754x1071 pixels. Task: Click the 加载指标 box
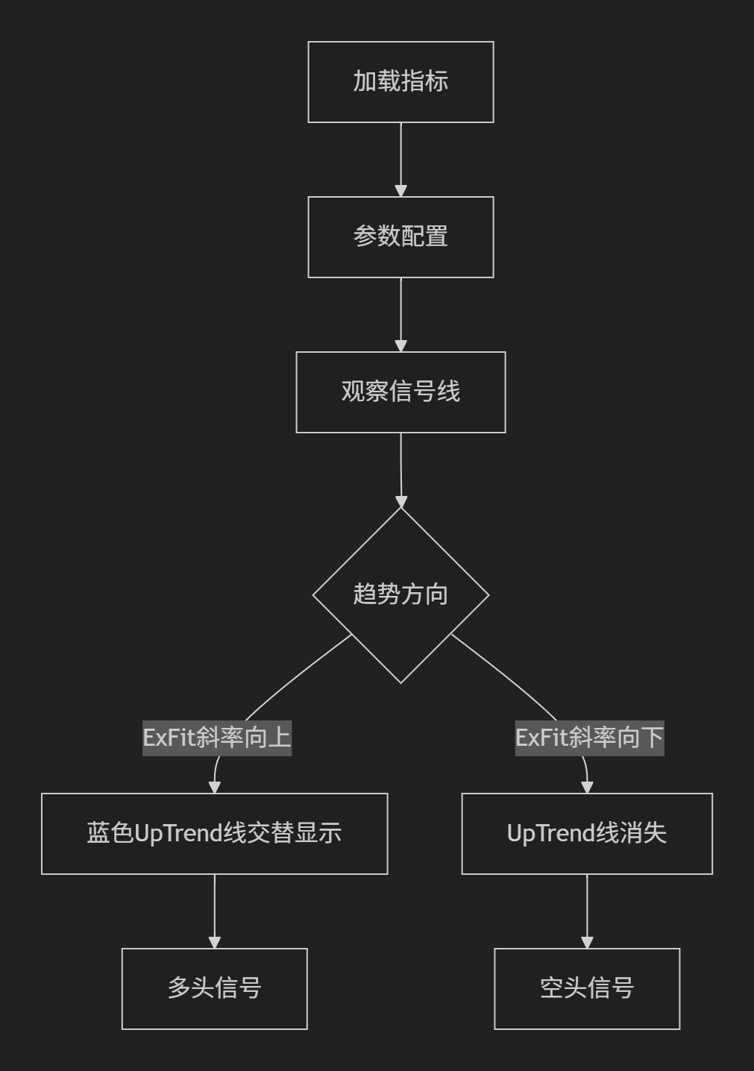click(x=400, y=82)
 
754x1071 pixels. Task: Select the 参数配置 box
click(x=400, y=236)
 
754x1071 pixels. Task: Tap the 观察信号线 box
click(x=400, y=392)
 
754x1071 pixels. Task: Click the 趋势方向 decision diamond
click(x=400, y=595)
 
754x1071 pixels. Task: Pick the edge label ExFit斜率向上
click(x=217, y=738)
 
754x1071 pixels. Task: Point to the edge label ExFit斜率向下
click(x=589, y=738)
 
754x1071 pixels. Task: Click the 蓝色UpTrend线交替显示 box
click(x=215, y=833)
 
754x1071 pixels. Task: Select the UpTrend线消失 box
click(x=587, y=833)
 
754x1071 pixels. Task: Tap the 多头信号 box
click(x=215, y=988)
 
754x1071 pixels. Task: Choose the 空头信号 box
click(x=587, y=988)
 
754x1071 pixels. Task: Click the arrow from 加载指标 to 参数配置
click(x=400, y=160)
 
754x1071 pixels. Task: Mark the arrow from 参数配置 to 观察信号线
click(x=400, y=315)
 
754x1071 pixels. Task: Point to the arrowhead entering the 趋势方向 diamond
click(x=401, y=501)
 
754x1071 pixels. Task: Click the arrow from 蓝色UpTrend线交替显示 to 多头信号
click(x=215, y=911)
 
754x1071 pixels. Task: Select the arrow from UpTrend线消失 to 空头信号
click(x=587, y=911)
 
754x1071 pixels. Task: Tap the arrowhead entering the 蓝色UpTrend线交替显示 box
click(x=215, y=788)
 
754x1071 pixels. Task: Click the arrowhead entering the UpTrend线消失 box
click(x=587, y=788)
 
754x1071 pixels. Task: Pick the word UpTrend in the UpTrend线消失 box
click(x=551, y=834)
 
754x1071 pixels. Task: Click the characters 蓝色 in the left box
click(x=110, y=833)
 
